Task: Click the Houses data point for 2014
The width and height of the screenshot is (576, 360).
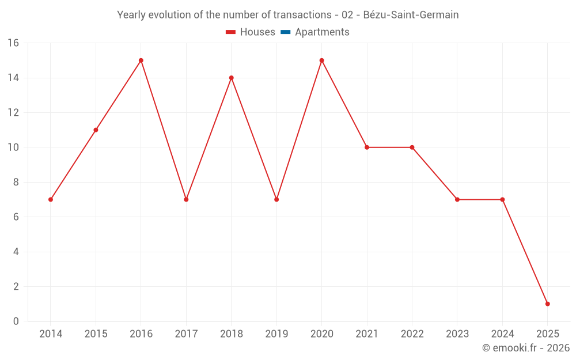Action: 51,199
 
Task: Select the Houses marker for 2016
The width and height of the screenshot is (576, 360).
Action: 141,60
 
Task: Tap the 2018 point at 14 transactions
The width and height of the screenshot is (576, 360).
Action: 232,78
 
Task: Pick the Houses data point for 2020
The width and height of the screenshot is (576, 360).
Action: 321,60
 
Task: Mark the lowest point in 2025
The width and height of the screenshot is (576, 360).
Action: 547,304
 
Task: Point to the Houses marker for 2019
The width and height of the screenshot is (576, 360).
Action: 276,199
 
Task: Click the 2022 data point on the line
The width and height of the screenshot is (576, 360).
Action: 412,147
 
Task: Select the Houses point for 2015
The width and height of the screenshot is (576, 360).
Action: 96,130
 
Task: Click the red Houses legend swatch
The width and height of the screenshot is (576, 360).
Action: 230,32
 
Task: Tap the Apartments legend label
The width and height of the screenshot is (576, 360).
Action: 322,32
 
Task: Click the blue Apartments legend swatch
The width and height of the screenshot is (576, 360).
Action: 285,32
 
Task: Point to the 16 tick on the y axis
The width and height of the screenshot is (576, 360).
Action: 13,43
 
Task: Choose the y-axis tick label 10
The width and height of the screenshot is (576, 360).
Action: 13,147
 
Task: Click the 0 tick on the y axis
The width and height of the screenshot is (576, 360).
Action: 16,321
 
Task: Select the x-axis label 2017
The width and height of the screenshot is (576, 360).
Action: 186,334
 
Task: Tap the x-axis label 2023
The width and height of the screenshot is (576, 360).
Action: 457,334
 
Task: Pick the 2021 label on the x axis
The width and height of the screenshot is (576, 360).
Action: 367,334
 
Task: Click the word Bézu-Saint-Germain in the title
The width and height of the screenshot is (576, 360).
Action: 411,15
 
